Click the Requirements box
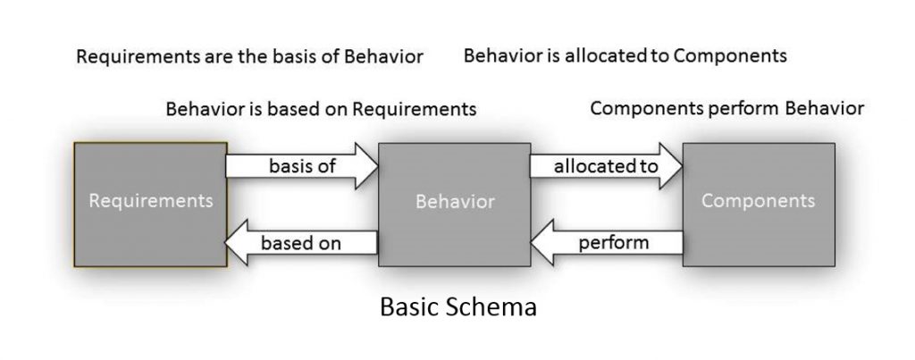point(150,204)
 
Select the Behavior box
point(455,204)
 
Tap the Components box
point(759,204)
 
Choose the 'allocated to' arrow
point(605,166)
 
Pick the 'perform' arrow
point(608,242)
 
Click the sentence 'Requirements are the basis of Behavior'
point(249,57)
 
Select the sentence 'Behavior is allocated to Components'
point(625,56)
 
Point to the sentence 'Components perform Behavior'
point(727,109)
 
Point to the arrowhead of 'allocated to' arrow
point(672,166)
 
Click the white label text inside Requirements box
point(150,201)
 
